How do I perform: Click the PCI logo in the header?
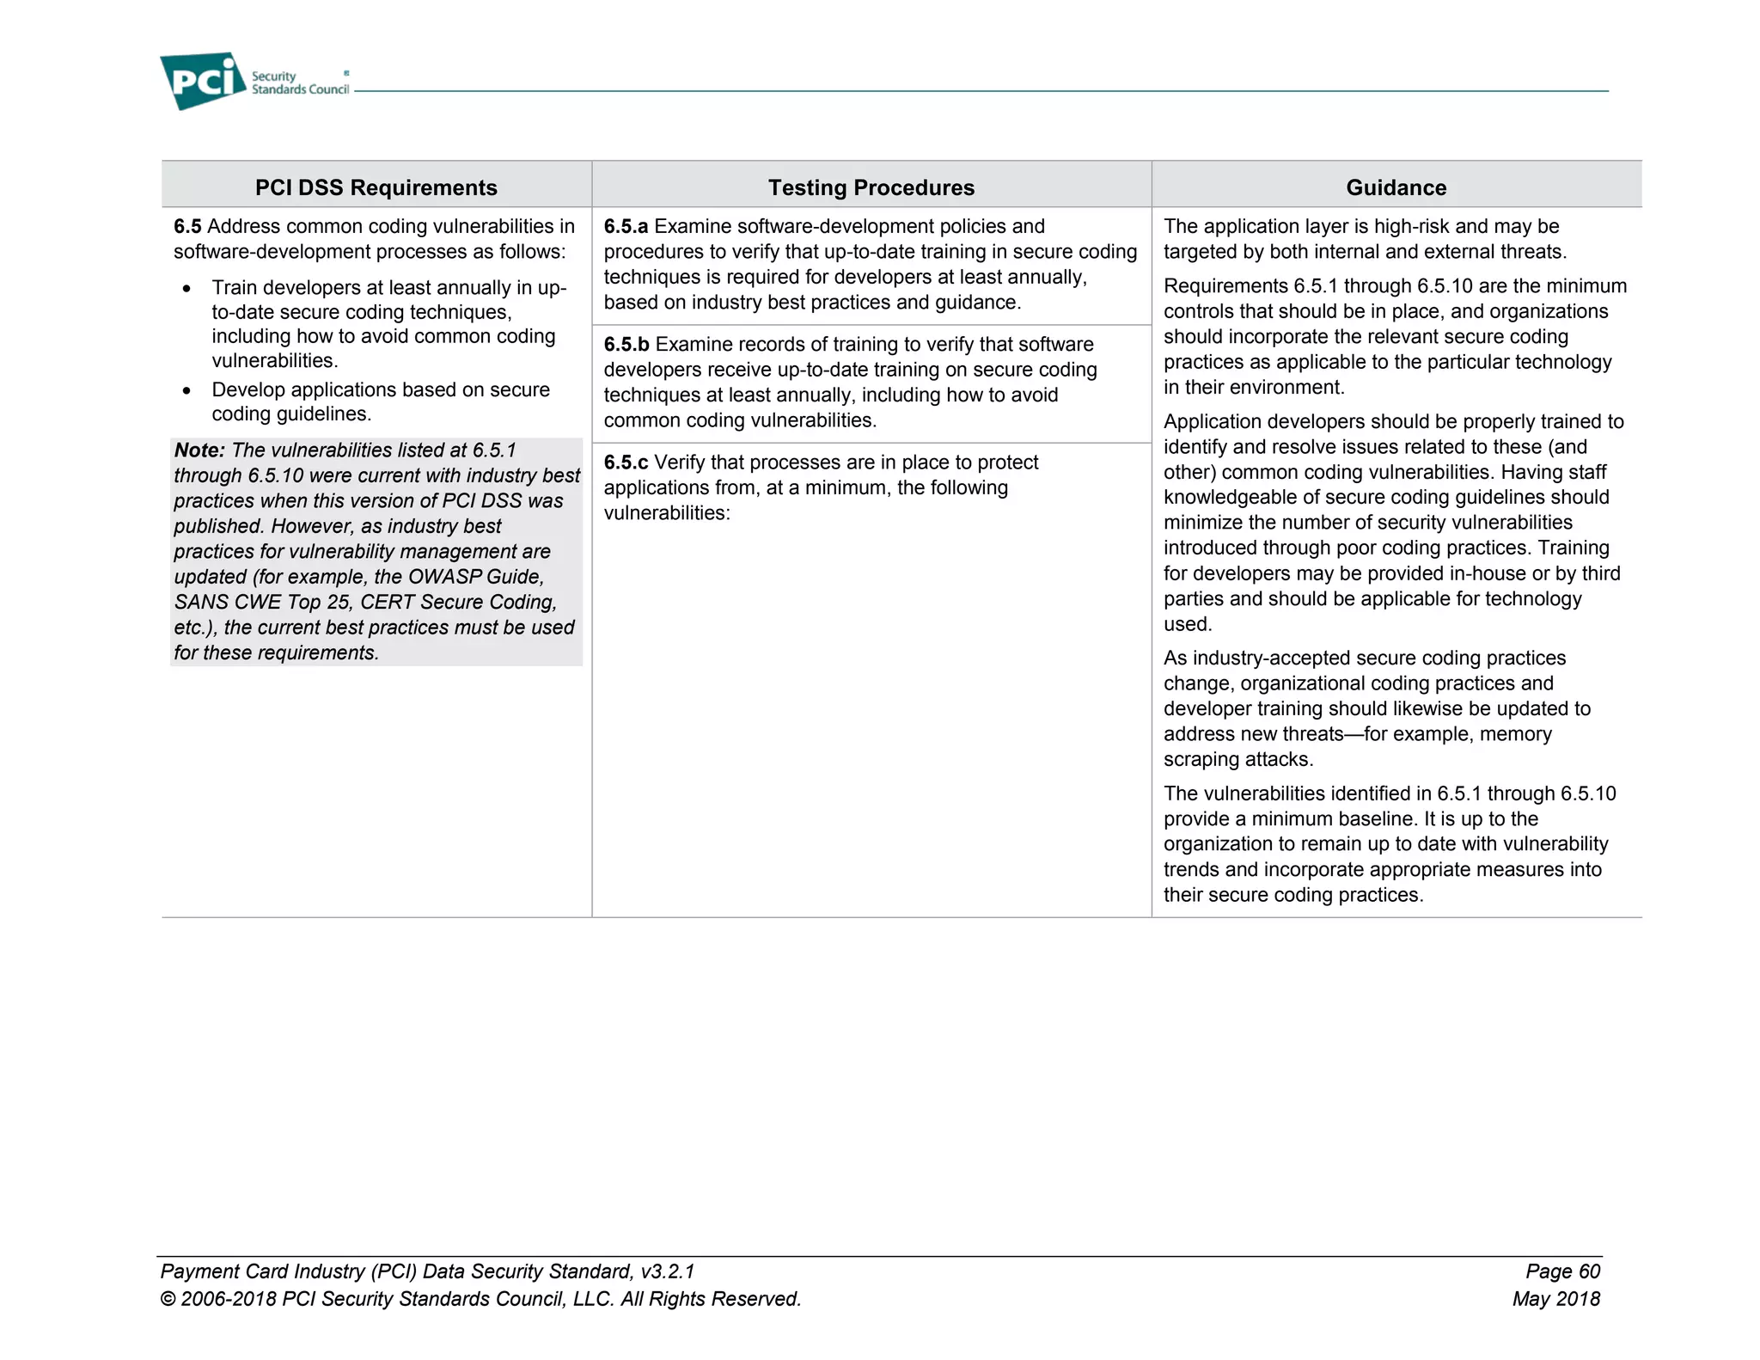click(204, 81)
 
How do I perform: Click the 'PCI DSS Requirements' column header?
click(376, 187)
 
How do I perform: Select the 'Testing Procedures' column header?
click(871, 187)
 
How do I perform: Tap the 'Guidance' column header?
click(1396, 187)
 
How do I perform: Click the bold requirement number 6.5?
click(187, 226)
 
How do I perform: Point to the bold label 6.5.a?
click(626, 226)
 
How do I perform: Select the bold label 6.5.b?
click(626, 345)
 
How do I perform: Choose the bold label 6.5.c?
click(626, 463)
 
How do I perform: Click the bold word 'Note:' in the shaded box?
click(199, 450)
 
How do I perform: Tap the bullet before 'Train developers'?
click(186, 289)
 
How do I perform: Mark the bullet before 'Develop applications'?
click(186, 391)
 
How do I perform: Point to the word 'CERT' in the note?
click(388, 603)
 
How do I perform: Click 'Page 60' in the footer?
click(1562, 1271)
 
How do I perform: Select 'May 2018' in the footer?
click(1556, 1299)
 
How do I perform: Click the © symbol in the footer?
click(168, 1299)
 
